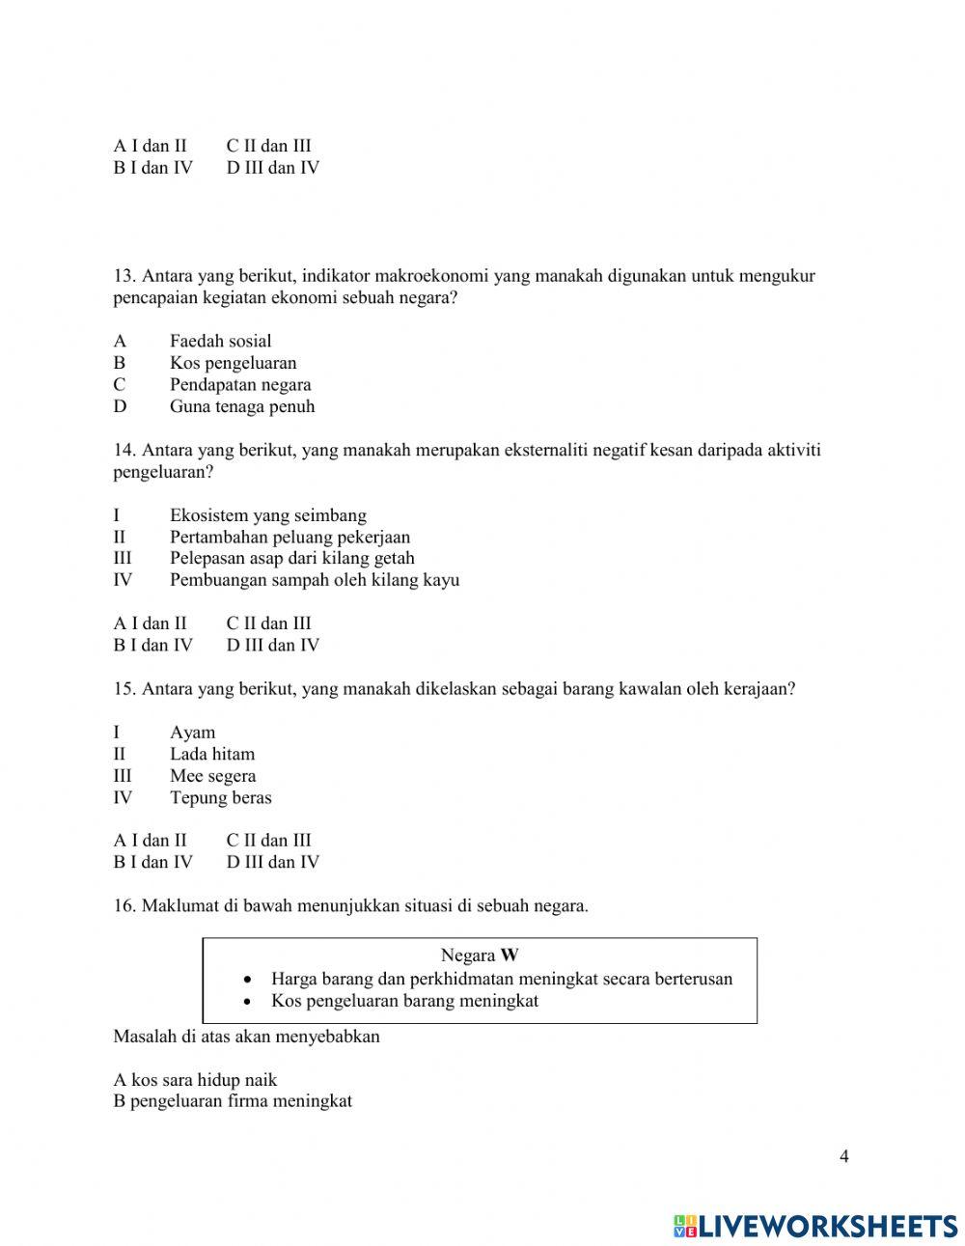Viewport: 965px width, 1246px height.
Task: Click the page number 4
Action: click(x=844, y=1157)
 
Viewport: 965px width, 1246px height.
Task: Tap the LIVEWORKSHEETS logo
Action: click(x=815, y=1226)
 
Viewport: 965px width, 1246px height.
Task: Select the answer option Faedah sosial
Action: click(x=220, y=341)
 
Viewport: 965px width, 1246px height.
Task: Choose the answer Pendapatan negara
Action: click(x=240, y=384)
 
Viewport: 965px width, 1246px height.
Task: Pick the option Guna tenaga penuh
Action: click(x=242, y=406)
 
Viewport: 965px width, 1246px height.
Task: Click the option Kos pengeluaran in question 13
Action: click(x=233, y=363)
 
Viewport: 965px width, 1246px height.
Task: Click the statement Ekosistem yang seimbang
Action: click(x=267, y=515)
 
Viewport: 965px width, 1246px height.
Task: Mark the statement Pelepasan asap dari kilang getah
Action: click(x=291, y=558)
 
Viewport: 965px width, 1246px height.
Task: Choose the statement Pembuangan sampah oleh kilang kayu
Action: click(x=314, y=580)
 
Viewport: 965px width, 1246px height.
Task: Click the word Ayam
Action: click(x=192, y=733)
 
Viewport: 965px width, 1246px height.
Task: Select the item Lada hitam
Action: click(x=212, y=754)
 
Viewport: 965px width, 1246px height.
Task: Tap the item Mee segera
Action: click(x=212, y=776)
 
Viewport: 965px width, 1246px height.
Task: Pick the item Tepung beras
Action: click(x=220, y=798)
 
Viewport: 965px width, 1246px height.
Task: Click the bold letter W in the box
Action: click(x=510, y=955)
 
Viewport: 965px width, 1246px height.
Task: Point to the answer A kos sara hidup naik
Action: click(x=195, y=1080)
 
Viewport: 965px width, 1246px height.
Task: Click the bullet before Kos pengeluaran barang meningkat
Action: click(x=248, y=1002)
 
